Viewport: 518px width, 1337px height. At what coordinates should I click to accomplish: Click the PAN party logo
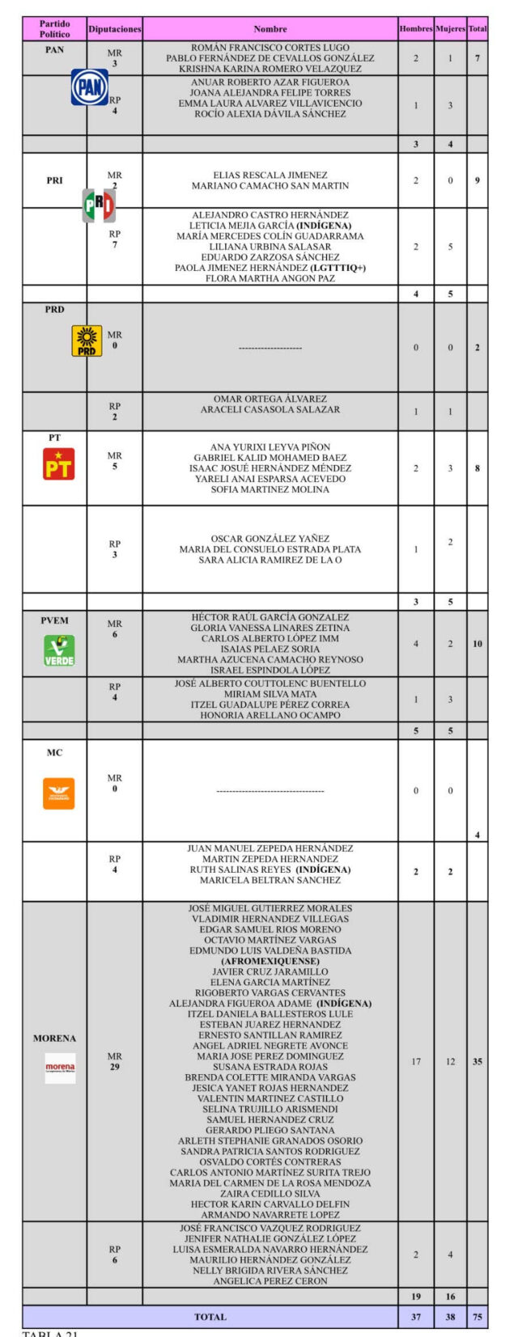(x=90, y=87)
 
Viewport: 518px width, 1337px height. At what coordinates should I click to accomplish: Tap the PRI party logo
(x=99, y=205)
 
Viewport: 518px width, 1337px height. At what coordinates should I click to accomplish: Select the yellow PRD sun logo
(x=87, y=341)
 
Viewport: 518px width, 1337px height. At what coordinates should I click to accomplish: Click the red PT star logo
(x=58, y=464)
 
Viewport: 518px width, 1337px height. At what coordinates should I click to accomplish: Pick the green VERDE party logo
(x=58, y=650)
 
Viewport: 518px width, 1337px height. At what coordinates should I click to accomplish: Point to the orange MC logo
(x=58, y=793)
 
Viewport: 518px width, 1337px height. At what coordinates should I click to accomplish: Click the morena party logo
(x=60, y=1068)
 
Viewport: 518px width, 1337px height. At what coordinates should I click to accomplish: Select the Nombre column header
(x=270, y=29)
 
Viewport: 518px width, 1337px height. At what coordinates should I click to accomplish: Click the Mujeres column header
(x=450, y=29)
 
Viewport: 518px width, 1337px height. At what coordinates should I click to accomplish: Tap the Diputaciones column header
(x=114, y=29)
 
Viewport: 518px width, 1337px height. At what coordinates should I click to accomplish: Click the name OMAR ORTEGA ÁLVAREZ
(x=270, y=399)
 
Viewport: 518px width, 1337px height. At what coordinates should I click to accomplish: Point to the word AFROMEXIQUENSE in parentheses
(x=270, y=961)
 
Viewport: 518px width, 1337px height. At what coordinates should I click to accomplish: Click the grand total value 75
(x=478, y=1317)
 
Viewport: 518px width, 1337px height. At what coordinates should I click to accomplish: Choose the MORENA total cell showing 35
(x=478, y=1061)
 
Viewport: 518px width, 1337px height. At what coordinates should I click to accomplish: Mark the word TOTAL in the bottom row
(x=210, y=1317)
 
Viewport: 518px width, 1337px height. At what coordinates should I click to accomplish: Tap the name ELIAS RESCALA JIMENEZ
(x=270, y=175)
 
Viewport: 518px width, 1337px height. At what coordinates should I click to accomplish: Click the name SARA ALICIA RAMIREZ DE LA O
(x=270, y=560)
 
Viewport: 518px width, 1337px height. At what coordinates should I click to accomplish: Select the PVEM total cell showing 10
(x=478, y=644)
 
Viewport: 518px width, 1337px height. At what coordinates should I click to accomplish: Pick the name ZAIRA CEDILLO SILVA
(x=270, y=1193)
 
